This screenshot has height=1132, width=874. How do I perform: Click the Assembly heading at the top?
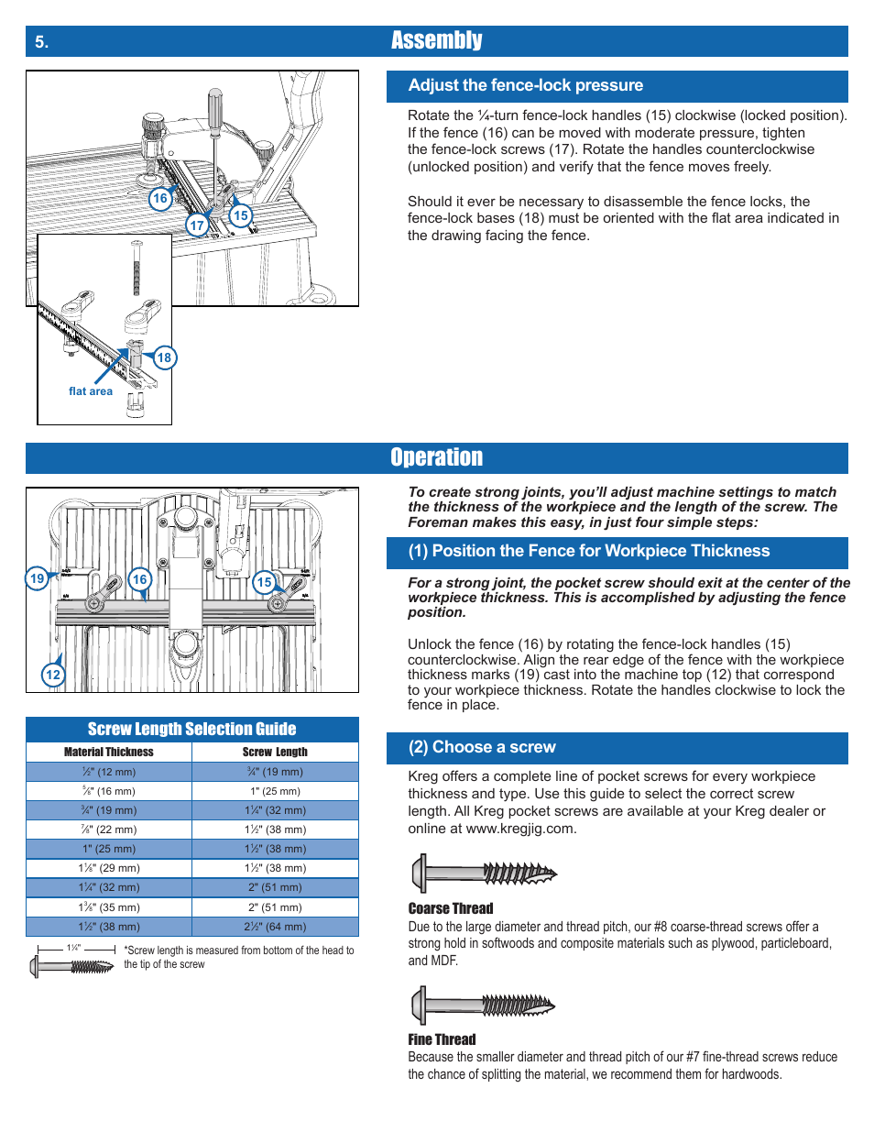click(436, 40)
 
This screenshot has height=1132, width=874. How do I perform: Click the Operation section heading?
click(436, 457)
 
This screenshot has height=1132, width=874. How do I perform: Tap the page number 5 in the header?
click(41, 42)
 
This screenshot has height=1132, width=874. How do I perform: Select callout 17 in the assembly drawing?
click(197, 225)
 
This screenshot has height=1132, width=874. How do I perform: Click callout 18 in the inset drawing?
click(164, 357)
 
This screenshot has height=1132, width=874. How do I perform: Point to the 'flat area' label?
click(91, 391)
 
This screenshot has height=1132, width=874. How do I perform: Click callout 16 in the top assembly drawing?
click(160, 198)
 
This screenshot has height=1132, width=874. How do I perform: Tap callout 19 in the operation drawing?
click(37, 578)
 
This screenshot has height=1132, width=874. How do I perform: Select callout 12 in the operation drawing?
click(53, 676)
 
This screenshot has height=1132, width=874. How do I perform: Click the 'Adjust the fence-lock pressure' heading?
click(526, 85)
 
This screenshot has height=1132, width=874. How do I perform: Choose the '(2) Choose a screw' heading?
click(482, 747)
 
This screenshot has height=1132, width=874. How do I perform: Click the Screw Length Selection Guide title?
click(191, 730)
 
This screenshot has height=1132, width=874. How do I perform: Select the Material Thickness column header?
click(109, 752)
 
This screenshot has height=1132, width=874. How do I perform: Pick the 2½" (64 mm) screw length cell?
click(275, 927)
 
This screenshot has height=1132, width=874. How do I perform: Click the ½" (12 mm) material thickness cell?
click(109, 772)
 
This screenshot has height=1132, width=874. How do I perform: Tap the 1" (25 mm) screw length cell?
click(275, 791)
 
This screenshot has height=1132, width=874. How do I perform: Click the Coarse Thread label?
click(451, 908)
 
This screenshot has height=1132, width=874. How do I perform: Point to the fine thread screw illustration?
click(483, 1006)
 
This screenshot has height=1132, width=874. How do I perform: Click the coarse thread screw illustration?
click(484, 873)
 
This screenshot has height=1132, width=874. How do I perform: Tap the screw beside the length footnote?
click(72, 966)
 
